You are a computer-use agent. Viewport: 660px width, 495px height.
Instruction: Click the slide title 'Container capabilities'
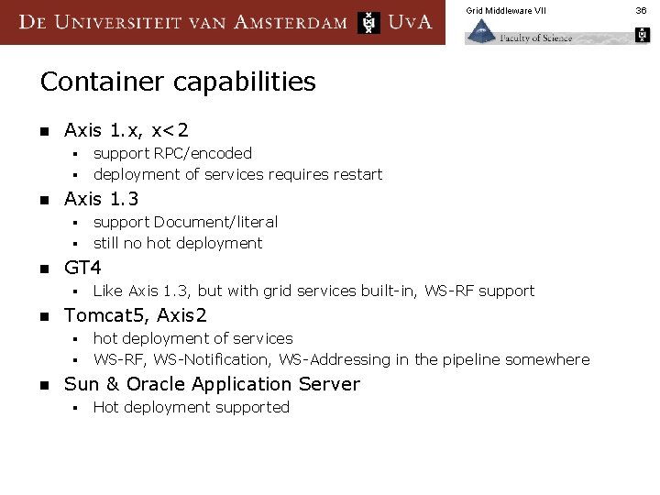pyautogui.click(x=178, y=82)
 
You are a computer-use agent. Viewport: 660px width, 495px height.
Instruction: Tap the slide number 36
pyautogui.click(x=642, y=10)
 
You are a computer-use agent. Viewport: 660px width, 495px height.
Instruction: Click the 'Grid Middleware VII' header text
pyautogui.click(x=505, y=10)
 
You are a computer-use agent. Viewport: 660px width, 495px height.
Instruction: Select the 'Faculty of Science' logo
pyautogui.click(x=519, y=35)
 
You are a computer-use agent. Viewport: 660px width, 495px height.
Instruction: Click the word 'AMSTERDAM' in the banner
pyautogui.click(x=291, y=22)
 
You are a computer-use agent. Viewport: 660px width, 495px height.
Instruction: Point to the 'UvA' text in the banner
pyautogui.click(x=410, y=22)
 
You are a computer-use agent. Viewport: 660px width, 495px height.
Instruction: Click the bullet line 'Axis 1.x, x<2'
pyautogui.click(x=126, y=131)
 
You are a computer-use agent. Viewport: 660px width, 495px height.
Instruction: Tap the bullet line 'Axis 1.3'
pyautogui.click(x=101, y=199)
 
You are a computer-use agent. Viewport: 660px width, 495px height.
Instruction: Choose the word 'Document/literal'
pyautogui.click(x=215, y=222)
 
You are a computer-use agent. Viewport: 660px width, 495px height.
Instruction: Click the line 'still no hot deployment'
pyautogui.click(x=177, y=243)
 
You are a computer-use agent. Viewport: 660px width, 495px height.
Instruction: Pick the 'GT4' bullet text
pyautogui.click(x=82, y=268)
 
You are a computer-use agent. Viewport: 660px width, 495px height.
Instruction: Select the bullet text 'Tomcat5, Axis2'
pyautogui.click(x=136, y=315)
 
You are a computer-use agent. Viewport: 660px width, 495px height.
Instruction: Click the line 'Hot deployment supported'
pyautogui.click(x=191, y=407)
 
